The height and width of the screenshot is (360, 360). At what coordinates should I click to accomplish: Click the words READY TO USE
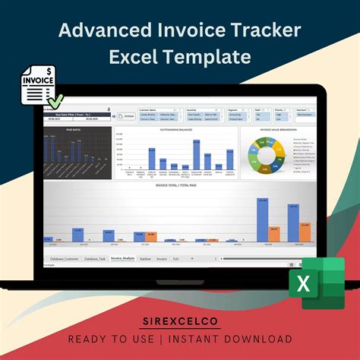(x=115, y=339)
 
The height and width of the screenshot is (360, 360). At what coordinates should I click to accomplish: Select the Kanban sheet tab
(x=146, y=259)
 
